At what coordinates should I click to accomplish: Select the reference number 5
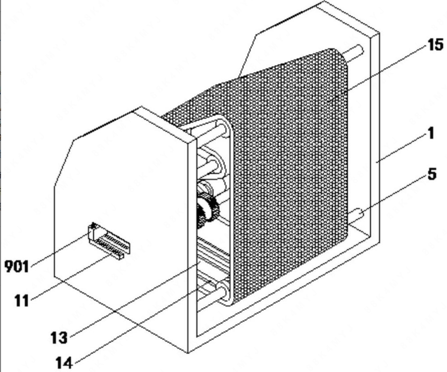pyautogui.click(x=431, y=175)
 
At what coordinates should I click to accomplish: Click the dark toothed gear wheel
pyautogui.click(x=207, y=210)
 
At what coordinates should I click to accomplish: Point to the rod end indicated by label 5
pyautogui.click(x=355, y=215)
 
